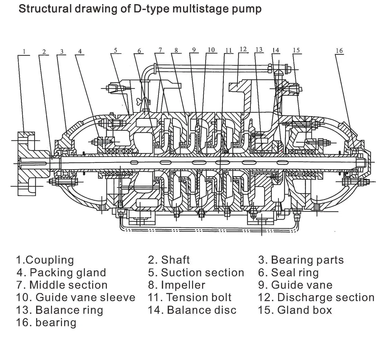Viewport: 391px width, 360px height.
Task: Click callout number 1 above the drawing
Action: pyautogui.click(x=24, y=52)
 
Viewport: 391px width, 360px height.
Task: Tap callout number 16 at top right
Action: pyautogui.click(x=339, y=51)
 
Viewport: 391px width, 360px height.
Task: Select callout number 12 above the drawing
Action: pyautogui.click(x=243, y=49)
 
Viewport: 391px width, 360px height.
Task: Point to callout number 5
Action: pyautogui.click(x=116, y=50)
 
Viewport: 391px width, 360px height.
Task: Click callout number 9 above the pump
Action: pyautogui.click(x=193, y=50)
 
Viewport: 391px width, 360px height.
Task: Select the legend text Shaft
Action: pyautogui.click(x=175, y=260)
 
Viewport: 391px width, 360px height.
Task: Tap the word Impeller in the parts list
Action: pyautogui.click(x=183, y=285)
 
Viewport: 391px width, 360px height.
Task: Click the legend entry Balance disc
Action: pyautogui.click(x=201, y=310)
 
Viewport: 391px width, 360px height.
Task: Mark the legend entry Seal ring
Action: pyautogui.click(x=294, y=272)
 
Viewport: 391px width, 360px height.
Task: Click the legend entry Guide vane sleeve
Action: pyautogui.click(x=85, y=297)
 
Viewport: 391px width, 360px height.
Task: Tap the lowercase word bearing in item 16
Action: pyautogui.click(x=56, y=322)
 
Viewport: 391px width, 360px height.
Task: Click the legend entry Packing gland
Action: pyautogui.click(x=68, y=272)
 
